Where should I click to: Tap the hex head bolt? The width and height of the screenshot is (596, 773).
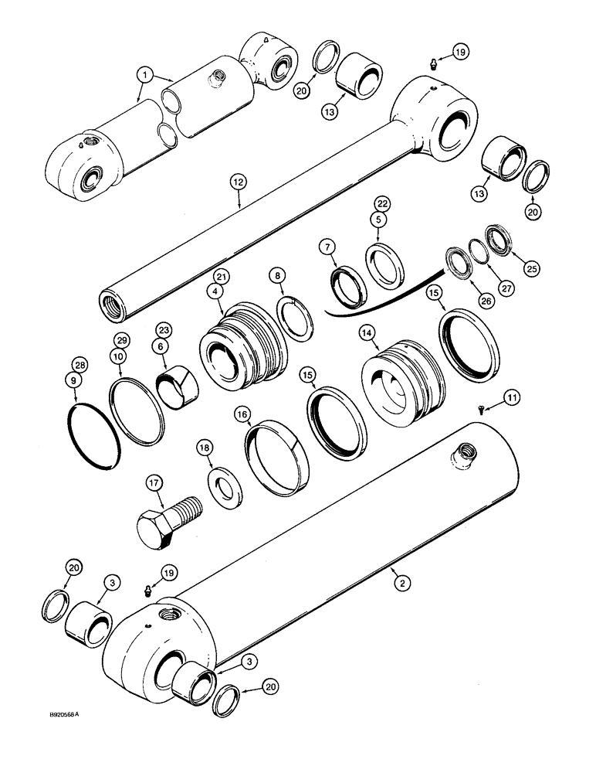coord(166,522)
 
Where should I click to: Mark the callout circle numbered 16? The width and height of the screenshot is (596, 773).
coord(244,415)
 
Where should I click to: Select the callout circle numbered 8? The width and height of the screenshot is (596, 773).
coord(278,275)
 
